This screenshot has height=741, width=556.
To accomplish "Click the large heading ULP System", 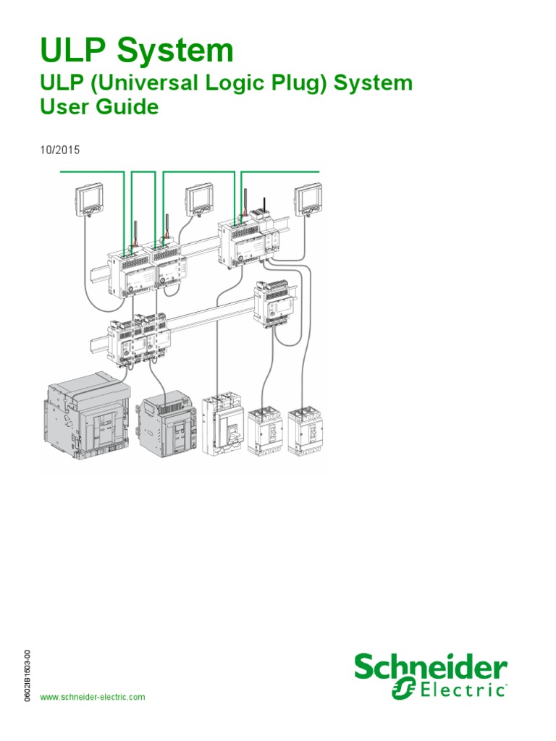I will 137,51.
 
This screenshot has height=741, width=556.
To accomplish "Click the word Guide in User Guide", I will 132,107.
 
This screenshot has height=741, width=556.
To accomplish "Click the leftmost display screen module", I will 90,199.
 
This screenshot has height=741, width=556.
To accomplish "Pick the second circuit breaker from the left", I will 168,427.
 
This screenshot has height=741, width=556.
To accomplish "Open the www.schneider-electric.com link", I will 92,697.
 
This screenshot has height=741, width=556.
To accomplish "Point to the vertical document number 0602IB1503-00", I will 27,673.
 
